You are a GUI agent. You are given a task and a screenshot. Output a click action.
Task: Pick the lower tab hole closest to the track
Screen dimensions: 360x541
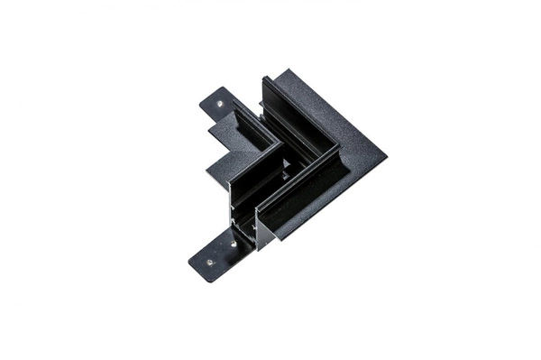coord(233,244)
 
